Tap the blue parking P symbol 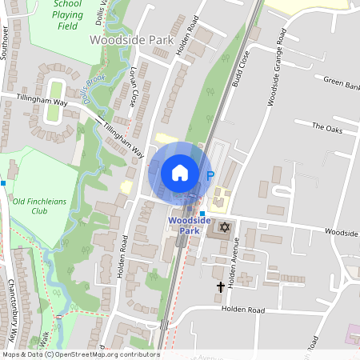click(210, 176)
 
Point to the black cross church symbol click(221, 286)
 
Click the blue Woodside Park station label click(190, 226)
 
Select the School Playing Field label click(67, 14)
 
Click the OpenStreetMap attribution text click(80, 354)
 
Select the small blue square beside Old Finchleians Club click(4, 183)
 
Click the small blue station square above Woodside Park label click(202, 213)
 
